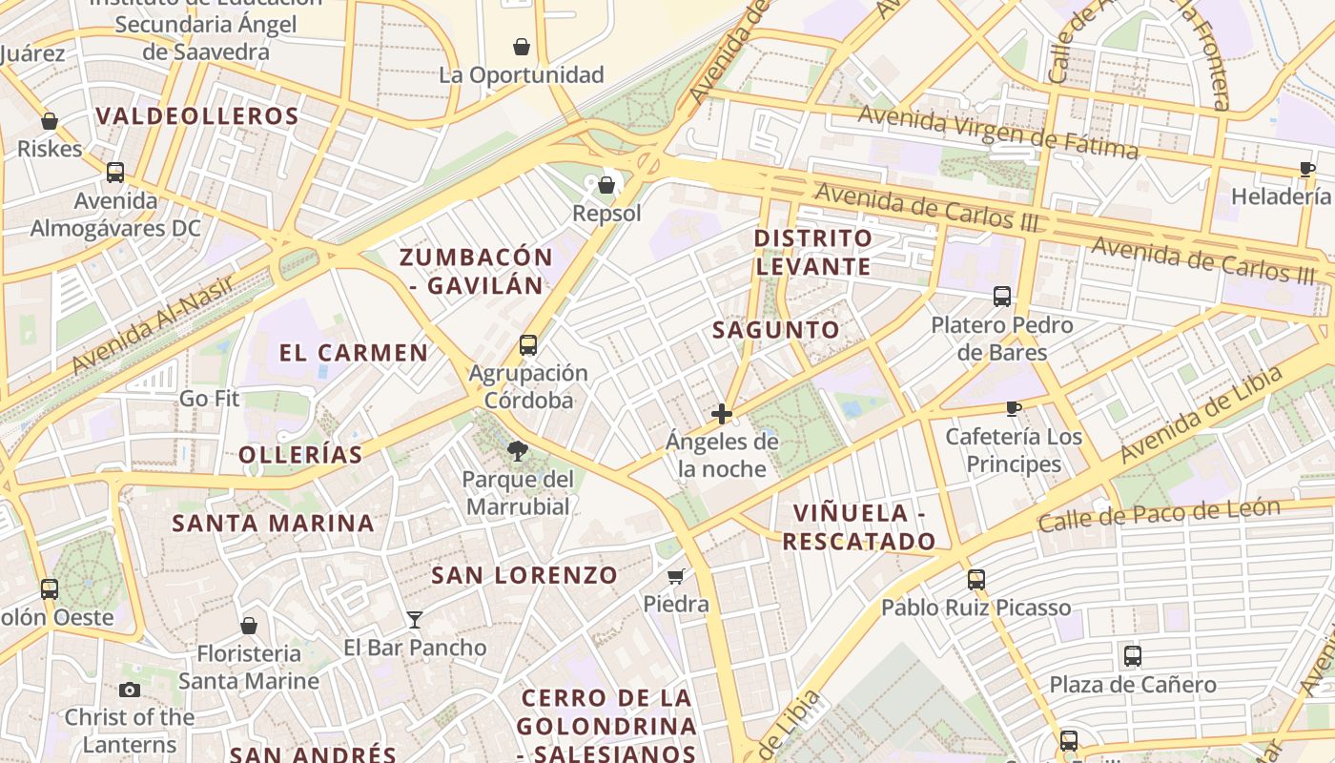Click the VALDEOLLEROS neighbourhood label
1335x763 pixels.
[x=197, y=116]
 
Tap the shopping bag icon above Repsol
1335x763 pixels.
[x=606, y=184]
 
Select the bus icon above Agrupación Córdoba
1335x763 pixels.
[x=528, y=345]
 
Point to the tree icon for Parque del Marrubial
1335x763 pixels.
[x=518, y=450]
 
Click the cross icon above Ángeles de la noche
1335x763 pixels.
[x=722, y=414]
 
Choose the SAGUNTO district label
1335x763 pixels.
[x=777, y=330]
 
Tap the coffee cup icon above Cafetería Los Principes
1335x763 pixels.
[x=1014, y=409]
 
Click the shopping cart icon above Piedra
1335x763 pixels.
[x=676, y=576]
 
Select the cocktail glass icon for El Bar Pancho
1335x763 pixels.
[x=415, y=620]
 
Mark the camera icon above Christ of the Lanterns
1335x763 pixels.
[x=130, y=690]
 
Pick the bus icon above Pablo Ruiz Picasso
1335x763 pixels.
[x=976, y=579]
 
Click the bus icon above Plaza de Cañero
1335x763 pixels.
[x=1133, y=656]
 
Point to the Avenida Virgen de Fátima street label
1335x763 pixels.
[x=997, y=133]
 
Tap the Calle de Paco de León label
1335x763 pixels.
[x=1159, y=515]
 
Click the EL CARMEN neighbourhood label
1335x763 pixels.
[x=354, y=353]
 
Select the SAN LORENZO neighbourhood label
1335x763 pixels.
[x=524, y=575]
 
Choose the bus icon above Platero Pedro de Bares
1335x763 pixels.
[x=1002, y=297]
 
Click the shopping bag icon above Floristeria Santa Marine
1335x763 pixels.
[x=249, y=626]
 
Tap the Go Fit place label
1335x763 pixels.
[x=210, y=398]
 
